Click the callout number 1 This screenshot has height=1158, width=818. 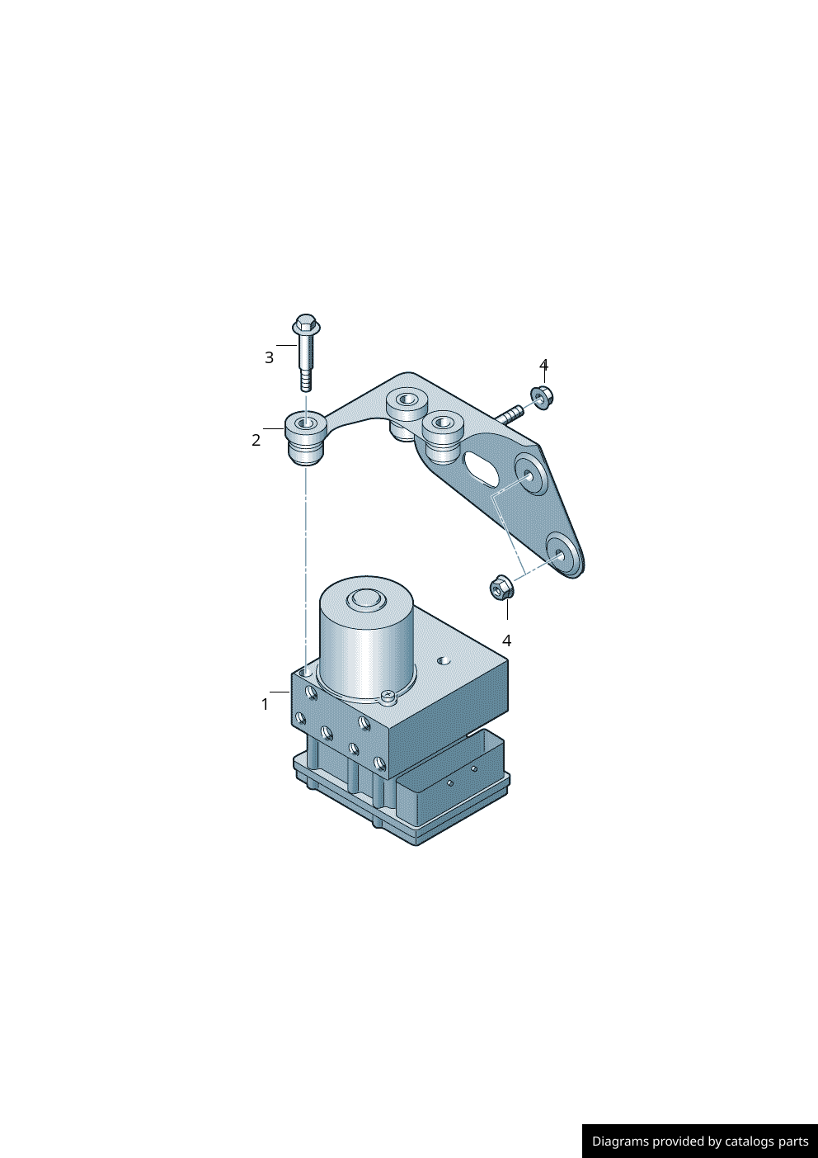click(x=265, y=704)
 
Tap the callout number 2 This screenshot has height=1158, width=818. click(x=256, y=440)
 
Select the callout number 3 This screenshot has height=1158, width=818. click(x=269, y=357)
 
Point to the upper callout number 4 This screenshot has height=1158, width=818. click(x=543, y=365)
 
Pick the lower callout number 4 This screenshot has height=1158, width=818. click(x=506, y=640)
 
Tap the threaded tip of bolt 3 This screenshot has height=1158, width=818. click(x=306, y=381)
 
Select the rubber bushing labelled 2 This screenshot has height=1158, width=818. click(x=304, y=437)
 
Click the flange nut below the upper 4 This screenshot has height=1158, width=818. click(x=542, y=397)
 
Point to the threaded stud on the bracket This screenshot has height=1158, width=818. click(x=510, y=413)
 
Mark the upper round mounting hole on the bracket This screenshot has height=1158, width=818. click(x=528, y=475)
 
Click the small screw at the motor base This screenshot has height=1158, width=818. click(x=388, y=697)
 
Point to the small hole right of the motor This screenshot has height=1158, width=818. click(x=444, y=660)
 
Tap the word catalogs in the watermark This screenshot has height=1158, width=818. click(x=750, y=1141)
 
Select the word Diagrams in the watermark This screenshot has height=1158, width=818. click(x=620, y=1141)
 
